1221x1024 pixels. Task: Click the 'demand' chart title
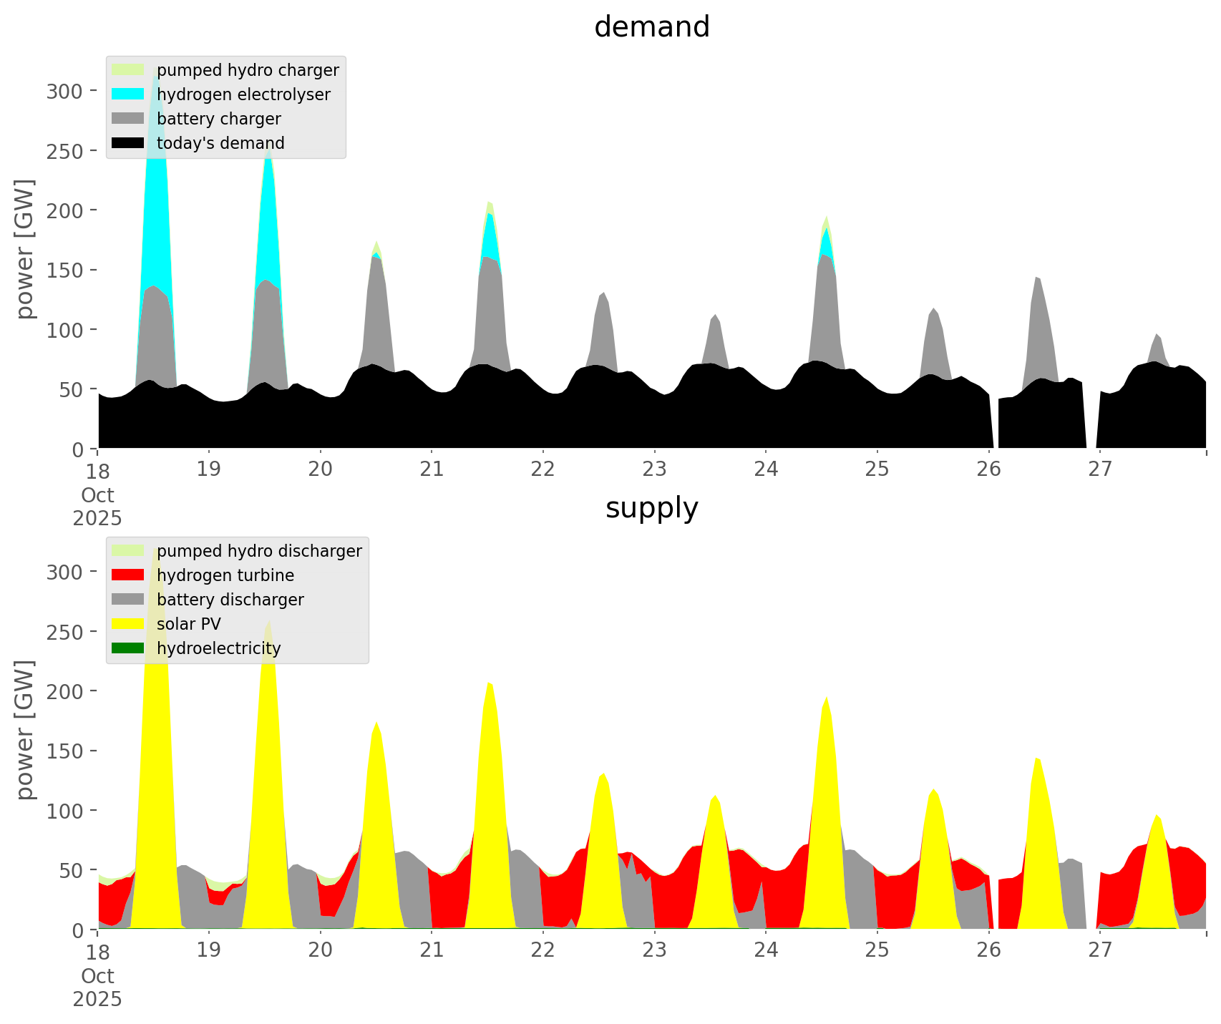pyautogui.click(x=651, y=27)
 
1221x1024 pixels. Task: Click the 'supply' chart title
pyautogui.click(x=651, y=508)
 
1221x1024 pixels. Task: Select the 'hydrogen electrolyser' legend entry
pyautogui.click(x=243, y=94)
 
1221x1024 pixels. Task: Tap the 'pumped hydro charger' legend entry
pyautogui.click(x=248, y=70)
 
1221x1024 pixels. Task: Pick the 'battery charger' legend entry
pyautogui.click(x=218, y=119)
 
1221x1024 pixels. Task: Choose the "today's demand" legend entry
pyautogui.click(x=220, y=143)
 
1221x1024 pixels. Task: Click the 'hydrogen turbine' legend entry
pyautogui.click(x=225, y=575)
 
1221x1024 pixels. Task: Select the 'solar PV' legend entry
pyautogui.click(x=189, y=624)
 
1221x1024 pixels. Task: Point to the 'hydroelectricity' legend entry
pyautogui.click(x=218, y=648)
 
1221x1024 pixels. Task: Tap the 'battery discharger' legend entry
pyautogui.click(x=230, y=600)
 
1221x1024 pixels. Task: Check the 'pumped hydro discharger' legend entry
pyautogui.click(x=259, y=551)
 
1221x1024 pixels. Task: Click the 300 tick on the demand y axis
pyautogui.click(x=65, y=91)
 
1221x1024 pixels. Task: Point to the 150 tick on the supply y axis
pyautogui.click(x=65, y=751)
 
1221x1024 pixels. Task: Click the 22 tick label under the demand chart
pyautogui.click(x=543, y=469)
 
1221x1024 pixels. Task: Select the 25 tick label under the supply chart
pyautogui.click(x=877, y=950)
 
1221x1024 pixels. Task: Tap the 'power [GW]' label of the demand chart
pyautogui.click(x=26, y=249)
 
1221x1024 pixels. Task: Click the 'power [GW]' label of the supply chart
pyautogui.click(x=26, y=730)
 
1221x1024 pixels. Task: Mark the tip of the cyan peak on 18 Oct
pyautogui.click(x=155, y=79)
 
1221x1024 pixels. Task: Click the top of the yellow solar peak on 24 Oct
pyautogui.click(x=827, y=696)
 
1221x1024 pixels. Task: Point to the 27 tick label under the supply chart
pyautogui.click(x=1100, y=950)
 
